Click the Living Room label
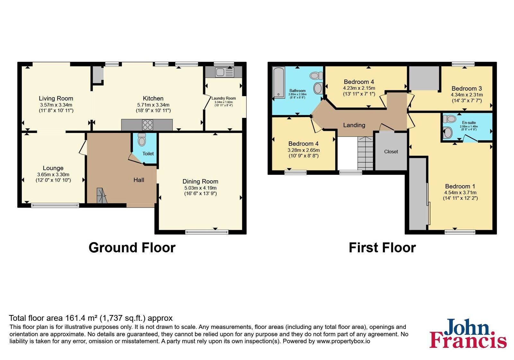click(56, 98)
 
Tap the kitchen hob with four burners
click(147, 125)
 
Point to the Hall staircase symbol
click(102, 195)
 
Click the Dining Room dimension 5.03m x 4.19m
click(200, 188)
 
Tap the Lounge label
click(53, 168)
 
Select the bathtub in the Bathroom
click(279, 82)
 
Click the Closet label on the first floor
click(391, 151)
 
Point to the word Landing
click(354, 125)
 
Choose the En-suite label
click(469, 122)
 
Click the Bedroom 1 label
click(460, 186)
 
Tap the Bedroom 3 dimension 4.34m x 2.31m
click(467, 94)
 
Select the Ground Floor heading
click(132, 248)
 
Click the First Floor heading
click(382, 248)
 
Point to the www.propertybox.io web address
click(343, 341)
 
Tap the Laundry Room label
click(224, 98)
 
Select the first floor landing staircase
click(365, 153)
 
